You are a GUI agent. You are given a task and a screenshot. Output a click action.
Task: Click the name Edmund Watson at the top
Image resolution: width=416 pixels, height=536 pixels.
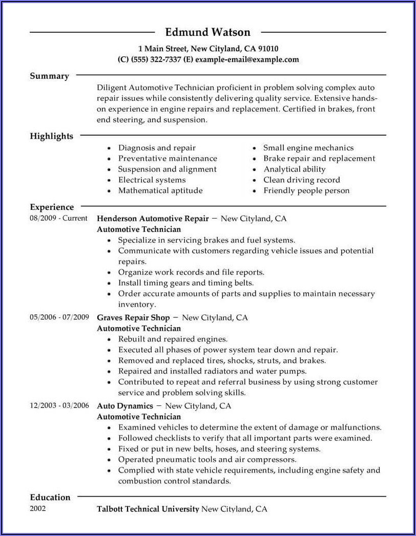[207, 32]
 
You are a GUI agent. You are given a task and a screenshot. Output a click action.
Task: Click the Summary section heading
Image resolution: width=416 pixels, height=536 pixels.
[49, 76]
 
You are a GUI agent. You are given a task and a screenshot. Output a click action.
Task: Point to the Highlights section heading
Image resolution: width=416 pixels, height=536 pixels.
[51, 136]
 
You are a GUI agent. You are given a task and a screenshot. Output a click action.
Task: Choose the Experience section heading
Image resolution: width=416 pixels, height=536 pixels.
[52, 207]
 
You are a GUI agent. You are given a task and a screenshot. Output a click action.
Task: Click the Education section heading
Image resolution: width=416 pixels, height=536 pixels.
[50, 497]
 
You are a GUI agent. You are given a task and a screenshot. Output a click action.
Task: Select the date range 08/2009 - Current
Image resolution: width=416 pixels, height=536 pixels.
[58, 218]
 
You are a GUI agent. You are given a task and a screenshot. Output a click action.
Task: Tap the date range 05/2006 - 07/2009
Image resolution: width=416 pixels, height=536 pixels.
[59, 317]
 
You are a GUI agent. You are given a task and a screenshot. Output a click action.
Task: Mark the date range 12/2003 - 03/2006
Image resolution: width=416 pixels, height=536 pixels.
[59, 405]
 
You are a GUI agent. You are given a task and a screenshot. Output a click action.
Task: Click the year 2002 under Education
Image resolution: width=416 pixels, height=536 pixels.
[38, 509]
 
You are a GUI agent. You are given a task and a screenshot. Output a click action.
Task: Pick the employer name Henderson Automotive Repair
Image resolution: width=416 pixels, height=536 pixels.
[153, 219]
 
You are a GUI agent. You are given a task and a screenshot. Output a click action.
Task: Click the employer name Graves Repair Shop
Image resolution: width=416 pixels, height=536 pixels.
[133, 317]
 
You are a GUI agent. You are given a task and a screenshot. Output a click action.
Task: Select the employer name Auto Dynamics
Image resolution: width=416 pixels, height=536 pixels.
[125, 406]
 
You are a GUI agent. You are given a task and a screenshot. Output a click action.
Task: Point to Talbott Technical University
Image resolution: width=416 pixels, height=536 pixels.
[148, 509]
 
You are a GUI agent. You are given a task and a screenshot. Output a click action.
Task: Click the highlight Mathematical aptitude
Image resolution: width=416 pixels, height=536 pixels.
[160, 190]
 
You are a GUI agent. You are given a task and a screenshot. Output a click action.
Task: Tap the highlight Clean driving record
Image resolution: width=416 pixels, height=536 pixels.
[301, 180]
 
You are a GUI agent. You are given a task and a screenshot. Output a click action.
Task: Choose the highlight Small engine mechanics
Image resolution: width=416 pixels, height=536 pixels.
[308, 147]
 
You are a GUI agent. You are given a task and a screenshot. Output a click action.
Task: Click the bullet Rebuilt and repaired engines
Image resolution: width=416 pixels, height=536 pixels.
[173, 339]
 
